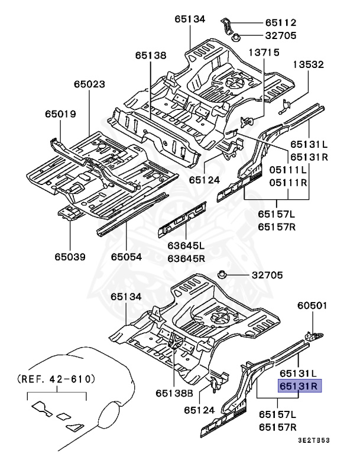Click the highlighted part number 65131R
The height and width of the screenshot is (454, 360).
pos(299,387)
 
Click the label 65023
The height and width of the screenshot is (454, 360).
pos(90,85)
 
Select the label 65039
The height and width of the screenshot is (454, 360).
pos(70,257)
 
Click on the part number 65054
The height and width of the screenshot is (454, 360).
pos(127,257)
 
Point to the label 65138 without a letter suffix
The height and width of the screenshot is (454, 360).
pos(150,55)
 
